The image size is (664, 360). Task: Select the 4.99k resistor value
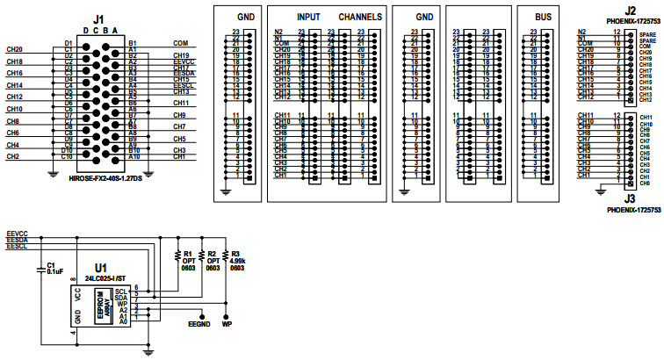(237, 261)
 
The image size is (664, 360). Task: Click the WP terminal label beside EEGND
(227, 325)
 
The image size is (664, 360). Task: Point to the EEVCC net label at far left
(17, 233)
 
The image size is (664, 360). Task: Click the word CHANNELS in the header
(360, 17)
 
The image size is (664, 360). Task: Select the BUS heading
(543, 17)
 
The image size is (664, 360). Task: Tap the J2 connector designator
(631, 11)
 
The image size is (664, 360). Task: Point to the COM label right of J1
(180, 42)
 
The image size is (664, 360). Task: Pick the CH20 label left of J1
(13, 49)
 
